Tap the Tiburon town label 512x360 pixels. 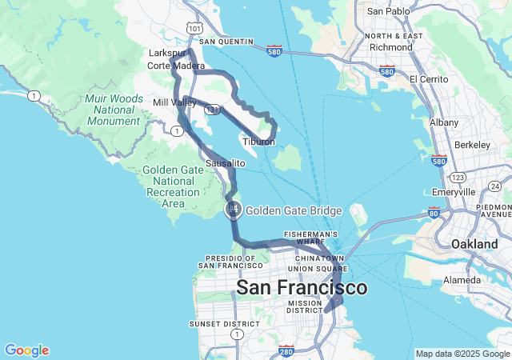258,142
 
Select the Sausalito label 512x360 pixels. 226,163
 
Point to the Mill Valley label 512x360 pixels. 174,103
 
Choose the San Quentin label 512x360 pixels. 226,42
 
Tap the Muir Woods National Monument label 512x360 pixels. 113,110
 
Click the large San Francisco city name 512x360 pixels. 302,287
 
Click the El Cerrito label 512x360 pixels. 432,79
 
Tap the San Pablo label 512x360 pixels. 388,11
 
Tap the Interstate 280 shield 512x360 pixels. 286,350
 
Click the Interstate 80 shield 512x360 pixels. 433,214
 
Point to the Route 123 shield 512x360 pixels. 458,176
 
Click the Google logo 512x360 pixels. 26,350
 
